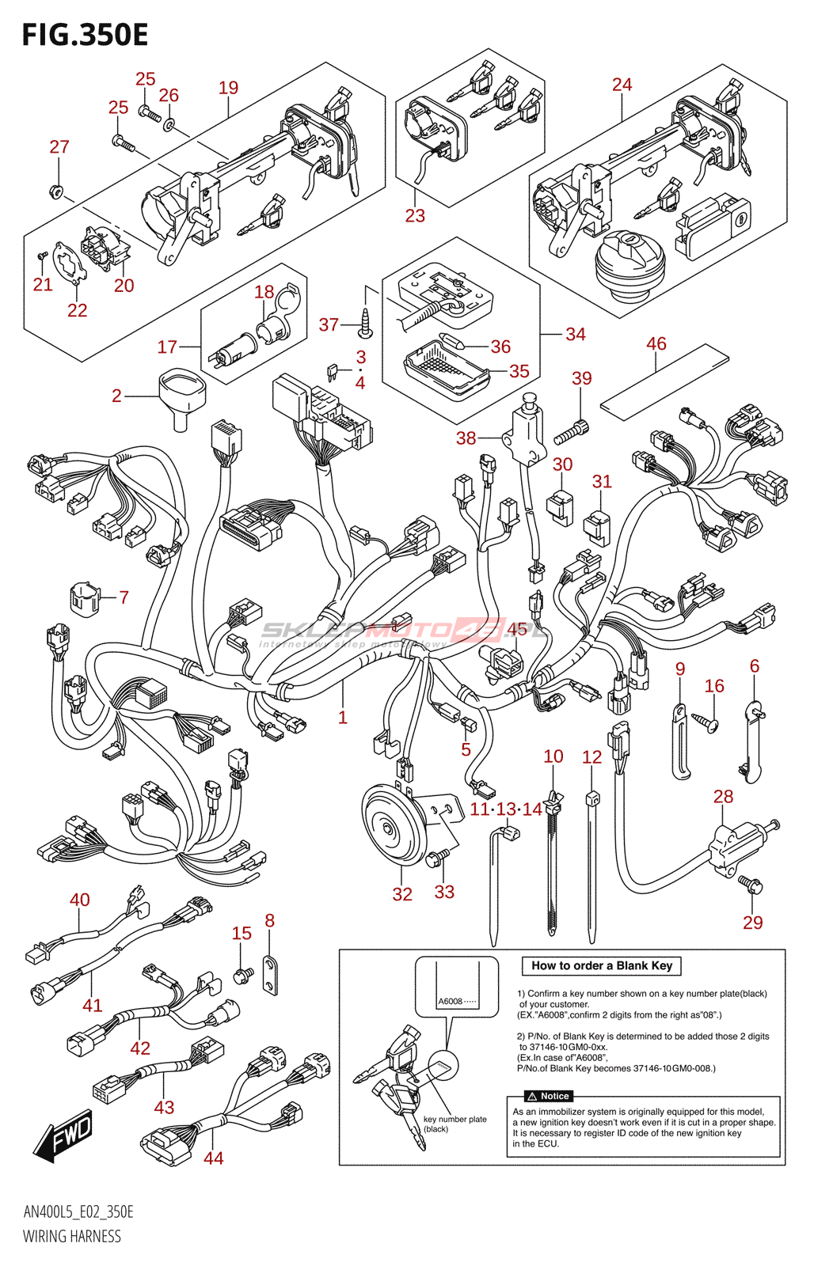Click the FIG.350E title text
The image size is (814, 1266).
coord(85,36)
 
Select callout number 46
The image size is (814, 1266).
coord(656,344)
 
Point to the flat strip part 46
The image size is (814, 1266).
coord(664,380)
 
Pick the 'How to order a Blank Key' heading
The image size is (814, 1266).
coord(601,965)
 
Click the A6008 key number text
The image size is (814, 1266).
coord(451,1001)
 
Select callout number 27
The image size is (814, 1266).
coord(59,147)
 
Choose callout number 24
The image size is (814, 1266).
coord(622,85)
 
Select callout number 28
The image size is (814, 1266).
coord(723,797)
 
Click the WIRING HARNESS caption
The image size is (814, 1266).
coord(72,1236)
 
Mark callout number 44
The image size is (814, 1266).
coord(214,1158)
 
